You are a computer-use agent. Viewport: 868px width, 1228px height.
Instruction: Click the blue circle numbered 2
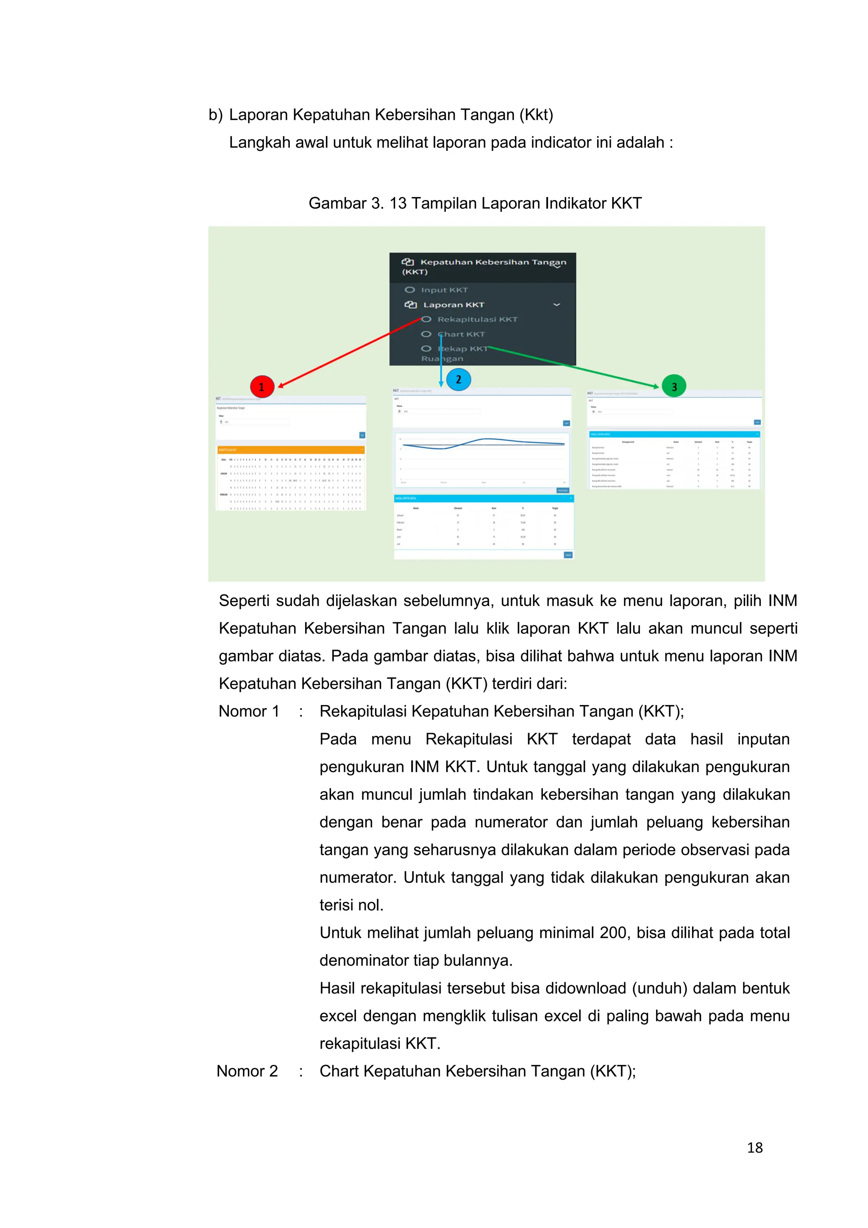pyautogui.click(x=458, y=379)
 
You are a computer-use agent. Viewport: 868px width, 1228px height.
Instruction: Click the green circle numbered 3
pyautogui.click(x=674, y=386)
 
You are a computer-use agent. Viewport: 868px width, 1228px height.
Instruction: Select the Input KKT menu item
pyautogui.click(x=444, y=290)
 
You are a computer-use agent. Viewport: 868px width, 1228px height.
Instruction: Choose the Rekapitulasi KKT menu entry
pyautogui.click(x=477, y=320)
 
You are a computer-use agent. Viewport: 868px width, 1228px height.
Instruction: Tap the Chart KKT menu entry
pyautogui.click(x=461, y=334)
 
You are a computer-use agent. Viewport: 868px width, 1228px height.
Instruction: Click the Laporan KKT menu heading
pyautogui.click(x=453, y=305)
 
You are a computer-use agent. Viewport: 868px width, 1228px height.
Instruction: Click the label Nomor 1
pyautogui.click(x=249, y=711)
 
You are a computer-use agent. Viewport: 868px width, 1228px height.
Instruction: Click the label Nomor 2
pyautogui.click(x=247, y=1071)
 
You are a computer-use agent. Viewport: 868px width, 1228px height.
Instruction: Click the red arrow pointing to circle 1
pyautogui.click(x=348, y=353)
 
